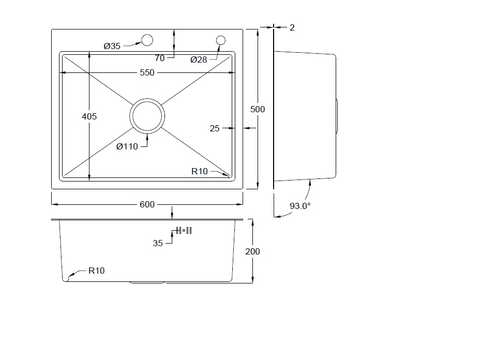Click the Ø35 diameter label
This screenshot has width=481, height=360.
[112, 46]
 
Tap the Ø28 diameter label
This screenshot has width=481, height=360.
[199, 59]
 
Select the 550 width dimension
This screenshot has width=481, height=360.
[147, 73]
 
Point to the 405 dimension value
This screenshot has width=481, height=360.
[89, 116]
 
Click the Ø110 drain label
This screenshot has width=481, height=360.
[127, 147]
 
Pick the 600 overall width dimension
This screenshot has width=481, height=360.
[147, 204]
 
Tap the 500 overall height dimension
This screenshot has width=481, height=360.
[258, 109]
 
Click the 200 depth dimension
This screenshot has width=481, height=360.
[252, 252]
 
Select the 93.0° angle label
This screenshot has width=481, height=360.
[300, 206]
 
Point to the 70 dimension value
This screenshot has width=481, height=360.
[159, 58]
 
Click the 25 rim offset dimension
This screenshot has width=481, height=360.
[215, 129]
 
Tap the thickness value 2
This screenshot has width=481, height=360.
[292, 27]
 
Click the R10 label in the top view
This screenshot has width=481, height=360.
[200, 171]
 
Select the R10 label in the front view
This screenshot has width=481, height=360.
[96, 271]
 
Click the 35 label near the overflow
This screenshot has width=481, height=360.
[158, 244]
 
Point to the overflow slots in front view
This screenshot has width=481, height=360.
[184, 231]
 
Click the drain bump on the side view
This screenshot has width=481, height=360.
[337, 116]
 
